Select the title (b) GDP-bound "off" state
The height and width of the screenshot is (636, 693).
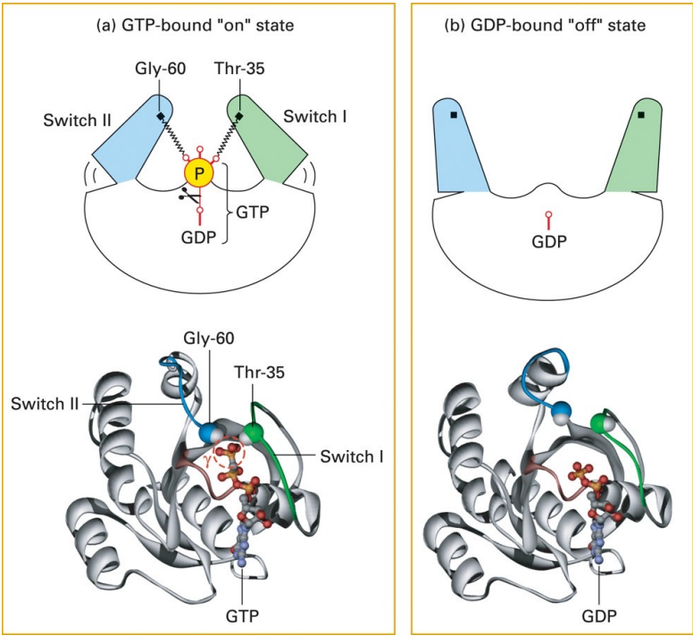pos(546,26)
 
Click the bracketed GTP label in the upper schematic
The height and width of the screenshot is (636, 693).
pos(255,214)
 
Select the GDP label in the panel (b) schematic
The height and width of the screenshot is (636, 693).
pos(549,241)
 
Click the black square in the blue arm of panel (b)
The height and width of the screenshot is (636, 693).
pos(454,115)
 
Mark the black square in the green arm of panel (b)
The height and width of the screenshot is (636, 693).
pos(640,115)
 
